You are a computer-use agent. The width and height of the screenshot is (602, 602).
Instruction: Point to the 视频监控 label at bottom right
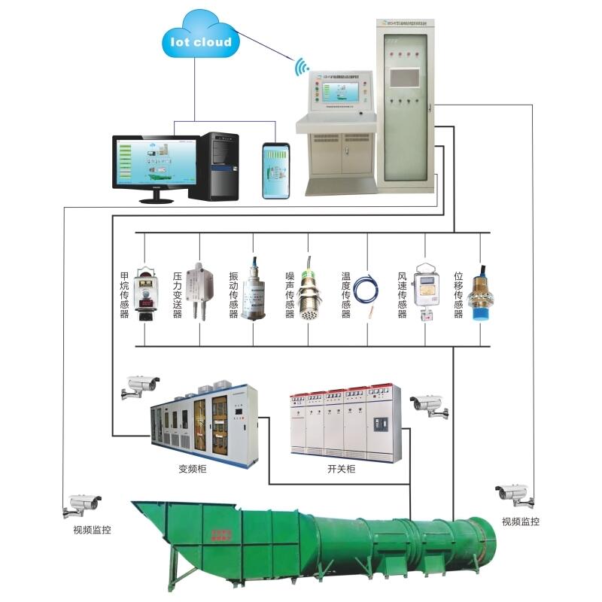pos(520,521)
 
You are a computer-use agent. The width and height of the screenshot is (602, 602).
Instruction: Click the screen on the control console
pos(333,93)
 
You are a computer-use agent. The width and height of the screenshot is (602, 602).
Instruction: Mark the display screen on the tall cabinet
pos(406,78)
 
